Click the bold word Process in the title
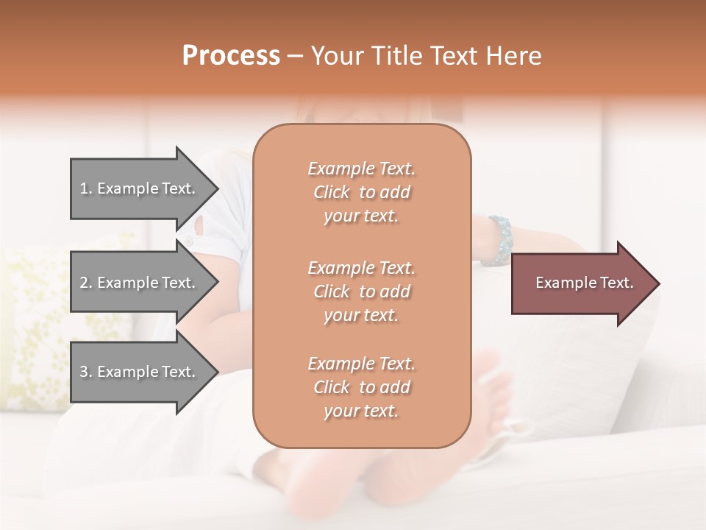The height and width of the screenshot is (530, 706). pos(231,56)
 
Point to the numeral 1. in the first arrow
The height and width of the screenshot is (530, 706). pos(86,188)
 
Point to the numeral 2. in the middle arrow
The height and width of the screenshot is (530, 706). pos(86,283)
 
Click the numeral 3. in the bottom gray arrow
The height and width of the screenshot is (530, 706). pos(86,372)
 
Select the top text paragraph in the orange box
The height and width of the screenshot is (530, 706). pos(361,192)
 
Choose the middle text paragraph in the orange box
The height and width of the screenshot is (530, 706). pos(361,291)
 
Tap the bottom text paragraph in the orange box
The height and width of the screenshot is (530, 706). pos(361,387)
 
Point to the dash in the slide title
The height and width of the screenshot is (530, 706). pos(295,57)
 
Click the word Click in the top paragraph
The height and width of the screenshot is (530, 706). pos(332,192)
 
